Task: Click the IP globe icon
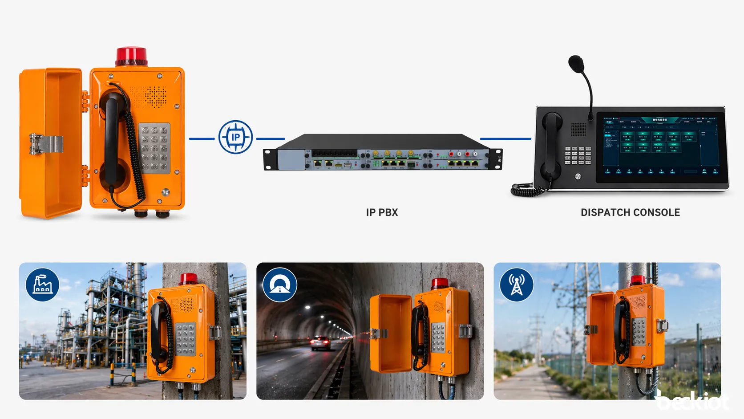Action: click(235, 137)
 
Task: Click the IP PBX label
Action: click(382, 212)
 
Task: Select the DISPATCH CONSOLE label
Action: click(630, 212)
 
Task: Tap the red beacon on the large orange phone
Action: click(131, 56)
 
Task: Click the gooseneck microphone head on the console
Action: click(576, 64)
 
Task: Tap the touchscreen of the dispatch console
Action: click(661, 145)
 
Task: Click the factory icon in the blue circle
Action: click(42, 285)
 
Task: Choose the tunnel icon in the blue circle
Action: click(280, 285)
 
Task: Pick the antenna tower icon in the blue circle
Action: click(517, 285)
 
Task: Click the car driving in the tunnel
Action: click(320, 342)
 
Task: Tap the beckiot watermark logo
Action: click(692, 401)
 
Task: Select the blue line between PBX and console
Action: click(505, 138)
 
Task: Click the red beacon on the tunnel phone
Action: click(440, 283)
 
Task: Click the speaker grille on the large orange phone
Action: click(154, 96)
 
